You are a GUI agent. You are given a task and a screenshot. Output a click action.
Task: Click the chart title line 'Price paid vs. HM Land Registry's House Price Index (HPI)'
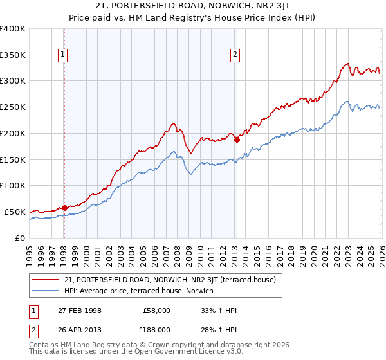[192, 19]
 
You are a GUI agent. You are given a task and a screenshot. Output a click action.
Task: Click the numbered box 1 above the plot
[64, 55]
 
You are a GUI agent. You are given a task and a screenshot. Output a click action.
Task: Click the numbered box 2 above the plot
[235, 55]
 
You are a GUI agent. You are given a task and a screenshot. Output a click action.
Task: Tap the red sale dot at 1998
[64, 207]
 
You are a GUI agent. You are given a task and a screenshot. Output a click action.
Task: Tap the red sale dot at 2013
[237, 139]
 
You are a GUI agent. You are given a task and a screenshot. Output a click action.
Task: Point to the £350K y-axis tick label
[13, 55]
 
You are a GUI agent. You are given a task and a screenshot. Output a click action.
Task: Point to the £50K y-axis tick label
[15, 212]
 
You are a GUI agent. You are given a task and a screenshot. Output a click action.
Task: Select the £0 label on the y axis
[21, 238]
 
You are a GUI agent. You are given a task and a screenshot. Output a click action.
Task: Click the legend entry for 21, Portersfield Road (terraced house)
[170, 280]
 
